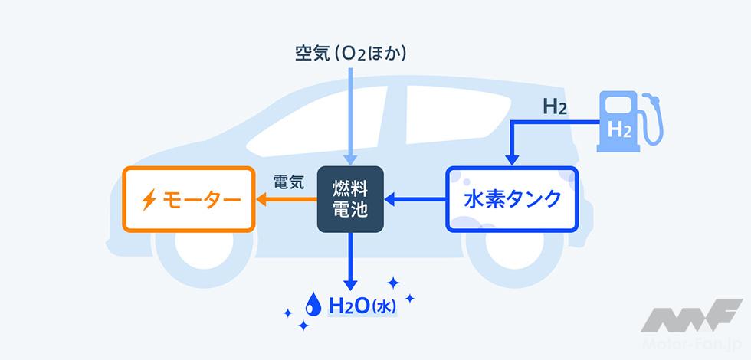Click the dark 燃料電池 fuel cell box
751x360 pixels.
(350, 199)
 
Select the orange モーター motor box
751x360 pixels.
(189, 201)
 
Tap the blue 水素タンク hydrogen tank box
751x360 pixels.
(512, 200)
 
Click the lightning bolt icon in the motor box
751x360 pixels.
(148, 201)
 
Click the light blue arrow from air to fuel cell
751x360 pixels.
(351, 115)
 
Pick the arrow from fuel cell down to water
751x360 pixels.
(351, 260)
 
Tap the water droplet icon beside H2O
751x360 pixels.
(313, 305)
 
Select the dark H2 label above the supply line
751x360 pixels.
(554, 108)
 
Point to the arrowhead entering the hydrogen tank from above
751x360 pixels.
(511, 159)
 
